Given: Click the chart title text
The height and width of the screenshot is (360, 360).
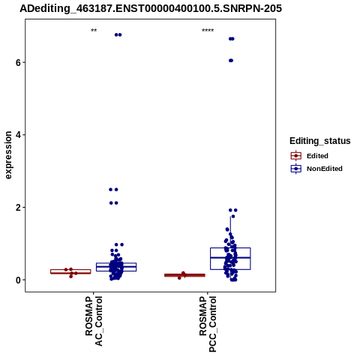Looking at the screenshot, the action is click(x=151, y=8).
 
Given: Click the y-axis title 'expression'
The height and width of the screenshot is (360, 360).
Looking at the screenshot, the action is click(x=8, y=155).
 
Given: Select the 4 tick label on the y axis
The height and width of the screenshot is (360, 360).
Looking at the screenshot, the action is click(x=18, y=135).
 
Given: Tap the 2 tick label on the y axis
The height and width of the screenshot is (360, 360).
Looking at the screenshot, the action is click(x=18, y=208).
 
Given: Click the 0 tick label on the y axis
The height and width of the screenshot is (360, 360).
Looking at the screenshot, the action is click(x=18, y=280).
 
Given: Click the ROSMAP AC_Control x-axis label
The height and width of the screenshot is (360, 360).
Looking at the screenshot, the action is click(x=94, y=321).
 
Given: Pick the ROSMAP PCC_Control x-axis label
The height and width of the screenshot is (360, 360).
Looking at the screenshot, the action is click(x=208, y=324).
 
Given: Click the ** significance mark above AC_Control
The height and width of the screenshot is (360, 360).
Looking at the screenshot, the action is click(x=94, y=31).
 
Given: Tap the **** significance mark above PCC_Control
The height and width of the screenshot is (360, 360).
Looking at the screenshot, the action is click(x=208, y=31).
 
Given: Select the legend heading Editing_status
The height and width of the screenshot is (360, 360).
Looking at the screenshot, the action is click(x=320, y=141).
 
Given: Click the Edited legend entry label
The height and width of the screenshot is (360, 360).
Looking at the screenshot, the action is click(x=317, y=156).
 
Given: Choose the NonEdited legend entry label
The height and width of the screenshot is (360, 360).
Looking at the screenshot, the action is click(x=325, y=169).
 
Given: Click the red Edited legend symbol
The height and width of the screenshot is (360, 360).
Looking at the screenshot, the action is click(x=296, y=156).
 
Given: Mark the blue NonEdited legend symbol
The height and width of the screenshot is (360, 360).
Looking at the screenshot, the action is click(x=296, y=169).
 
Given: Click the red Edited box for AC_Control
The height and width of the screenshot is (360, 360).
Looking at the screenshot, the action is click(x=70, y=271).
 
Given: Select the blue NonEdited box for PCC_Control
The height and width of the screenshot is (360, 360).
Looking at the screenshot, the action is click(x=230, y=259).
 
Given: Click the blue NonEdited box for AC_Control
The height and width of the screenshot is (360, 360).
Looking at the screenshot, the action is click(x=116, y=267).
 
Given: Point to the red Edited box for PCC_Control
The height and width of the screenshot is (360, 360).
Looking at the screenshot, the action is click(x=184, y=275).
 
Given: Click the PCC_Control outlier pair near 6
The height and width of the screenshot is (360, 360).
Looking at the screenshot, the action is click(x=231, y=61).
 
